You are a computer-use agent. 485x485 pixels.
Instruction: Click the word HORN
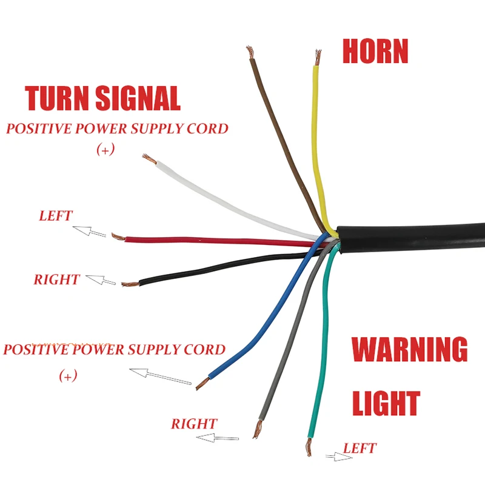point(375,52)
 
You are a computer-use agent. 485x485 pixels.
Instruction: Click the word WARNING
point(410,350)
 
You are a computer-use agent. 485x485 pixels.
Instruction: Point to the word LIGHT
point(386,403)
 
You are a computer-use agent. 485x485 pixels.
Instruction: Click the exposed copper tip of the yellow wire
point(316,58)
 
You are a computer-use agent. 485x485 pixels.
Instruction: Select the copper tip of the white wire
point(148,159)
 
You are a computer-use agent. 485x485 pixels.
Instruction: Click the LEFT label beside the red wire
point(56,216)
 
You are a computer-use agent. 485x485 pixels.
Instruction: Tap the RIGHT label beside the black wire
point(56,279)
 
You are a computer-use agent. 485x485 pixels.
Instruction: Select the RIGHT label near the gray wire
point(194,424)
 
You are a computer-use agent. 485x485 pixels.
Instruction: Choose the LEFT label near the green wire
point(360,449)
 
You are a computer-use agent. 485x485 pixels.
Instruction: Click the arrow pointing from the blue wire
point(160,376)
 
